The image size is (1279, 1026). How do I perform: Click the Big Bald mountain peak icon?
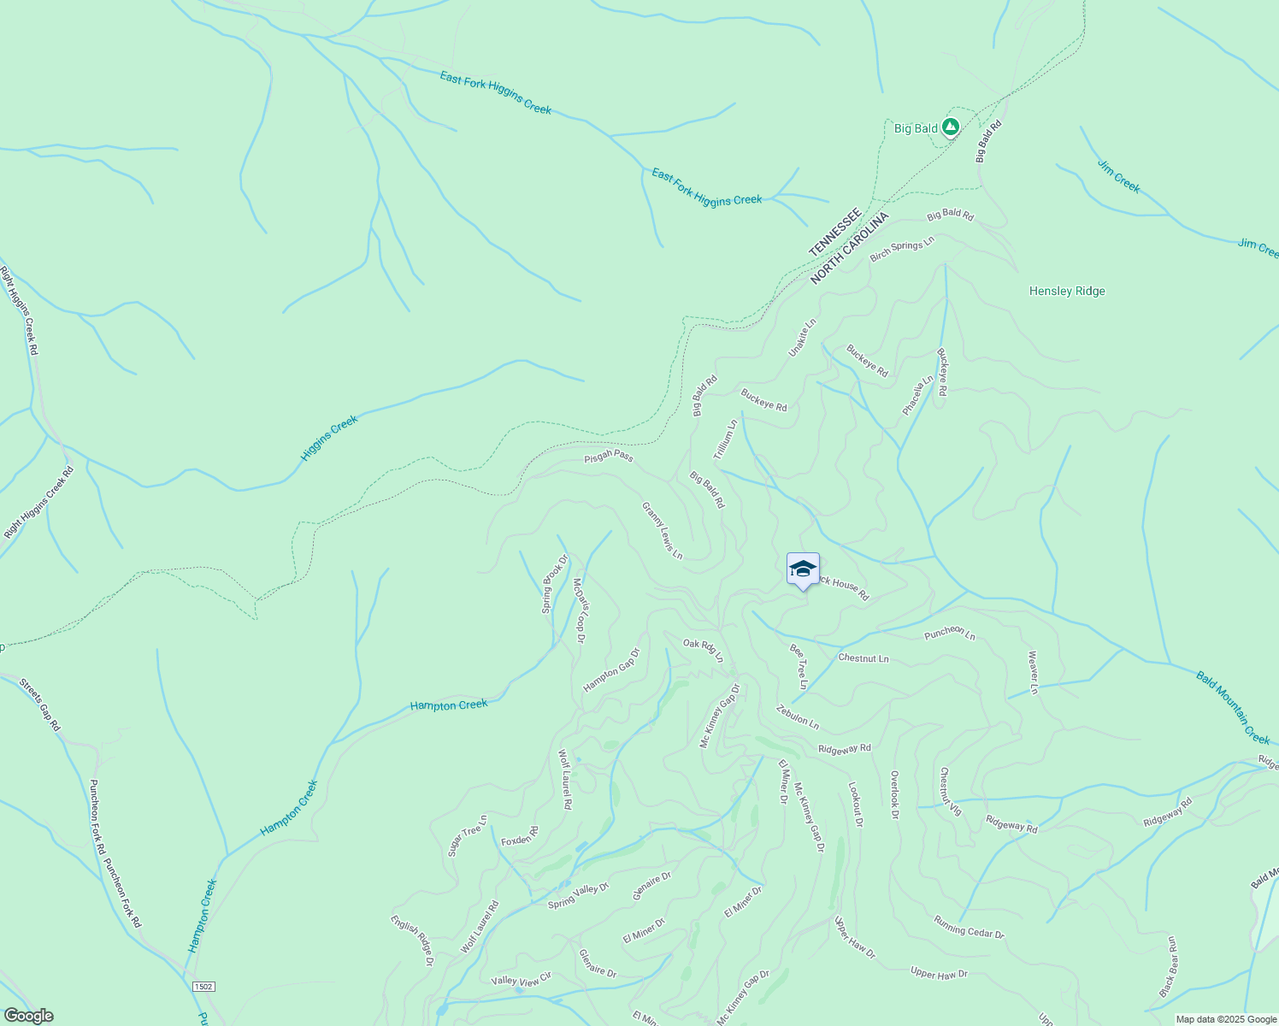tap(950, 127)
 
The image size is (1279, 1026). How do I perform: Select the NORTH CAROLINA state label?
tap(850, 248)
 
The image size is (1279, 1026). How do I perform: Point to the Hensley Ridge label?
tap(1067, 292)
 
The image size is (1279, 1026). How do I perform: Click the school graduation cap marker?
tap(803, 569)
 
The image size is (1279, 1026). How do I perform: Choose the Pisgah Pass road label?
tap(609, 457)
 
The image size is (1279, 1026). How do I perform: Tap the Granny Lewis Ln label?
tap(663, 531)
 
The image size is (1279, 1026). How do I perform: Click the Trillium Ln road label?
tap(725, 441)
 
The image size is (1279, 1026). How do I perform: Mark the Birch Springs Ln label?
tap(902, 251)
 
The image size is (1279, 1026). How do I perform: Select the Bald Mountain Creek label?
tap(1233, 708)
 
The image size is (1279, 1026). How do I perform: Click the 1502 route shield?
tap(203, 986)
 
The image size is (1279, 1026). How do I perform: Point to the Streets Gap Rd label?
tap(40, 705)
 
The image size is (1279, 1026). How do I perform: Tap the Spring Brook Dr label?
tap(555, 584)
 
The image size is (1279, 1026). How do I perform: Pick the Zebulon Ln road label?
tap(798, 717)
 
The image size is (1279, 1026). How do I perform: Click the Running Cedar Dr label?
tap(969, 928)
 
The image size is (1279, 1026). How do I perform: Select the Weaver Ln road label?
tap(1033, 672)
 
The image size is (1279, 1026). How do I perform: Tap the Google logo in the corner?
tap(28, 1016)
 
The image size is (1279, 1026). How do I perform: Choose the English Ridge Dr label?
tap(412, 940)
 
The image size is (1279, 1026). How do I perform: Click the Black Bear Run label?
tap(1169, 966)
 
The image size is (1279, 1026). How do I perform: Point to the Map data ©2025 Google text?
tap(1225, 1019)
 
